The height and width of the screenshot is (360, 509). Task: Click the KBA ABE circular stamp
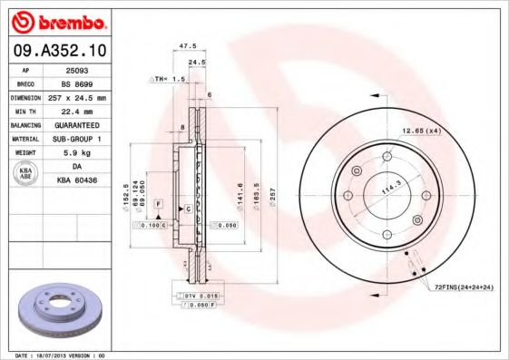pos(24,172)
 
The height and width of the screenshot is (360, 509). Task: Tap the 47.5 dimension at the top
pos(188,44)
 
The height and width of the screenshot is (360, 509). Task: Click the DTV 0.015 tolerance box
pos(195,297)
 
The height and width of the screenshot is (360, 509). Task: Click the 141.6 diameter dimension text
pos(240,195)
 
